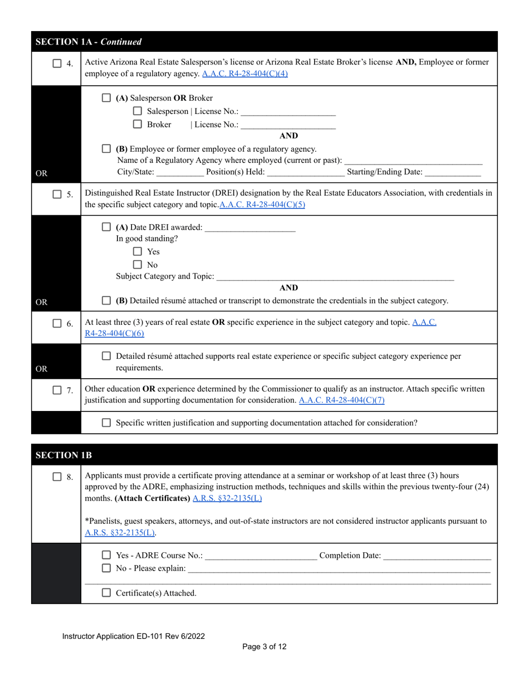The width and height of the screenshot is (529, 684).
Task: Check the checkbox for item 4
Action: (x=57, y=63)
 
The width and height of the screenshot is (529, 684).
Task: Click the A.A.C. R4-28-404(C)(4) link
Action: (x=245, y=73)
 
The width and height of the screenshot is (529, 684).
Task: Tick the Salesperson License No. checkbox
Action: (x=138, y=111)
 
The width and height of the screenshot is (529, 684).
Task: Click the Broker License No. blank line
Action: (x=288, y=126)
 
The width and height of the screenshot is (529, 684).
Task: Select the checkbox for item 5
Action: (x=57, y=194)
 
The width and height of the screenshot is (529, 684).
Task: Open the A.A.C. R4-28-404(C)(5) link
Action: (x=262, y=205)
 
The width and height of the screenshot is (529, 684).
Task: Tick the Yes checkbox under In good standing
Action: (x=138, y=251)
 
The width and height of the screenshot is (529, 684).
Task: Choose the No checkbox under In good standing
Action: (x=138, y=265)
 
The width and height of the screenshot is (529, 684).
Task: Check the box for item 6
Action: (x=57, y=323)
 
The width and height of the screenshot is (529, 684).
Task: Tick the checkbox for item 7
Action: (x=57, y=390)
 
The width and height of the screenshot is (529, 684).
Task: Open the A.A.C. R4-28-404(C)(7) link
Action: (x=341, y=400)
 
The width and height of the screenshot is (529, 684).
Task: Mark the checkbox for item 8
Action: (x=57, y=477)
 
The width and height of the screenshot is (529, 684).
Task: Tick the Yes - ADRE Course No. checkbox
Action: (x=106, y=555)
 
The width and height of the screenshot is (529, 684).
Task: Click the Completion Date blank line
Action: (x=437, y=556)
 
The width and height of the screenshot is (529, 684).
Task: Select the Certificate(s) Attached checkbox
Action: (x=106, y=593)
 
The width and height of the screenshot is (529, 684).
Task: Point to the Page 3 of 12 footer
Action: (x=264, y=646)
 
